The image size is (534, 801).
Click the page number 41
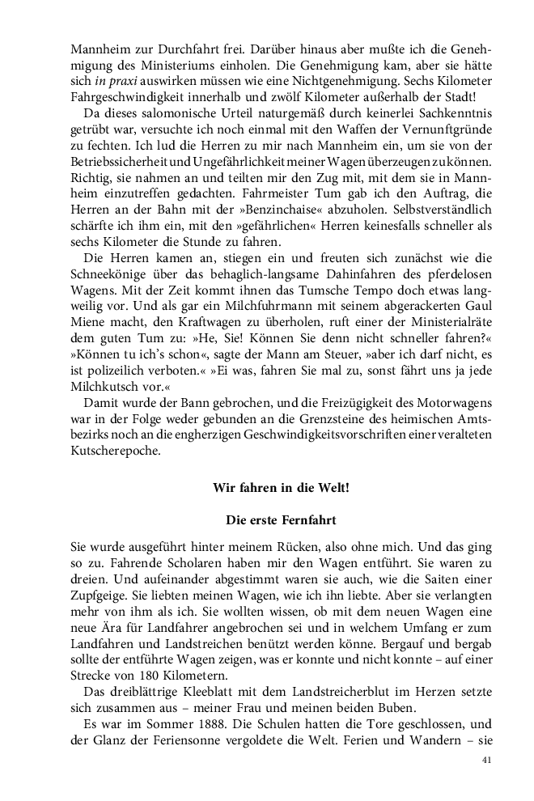pos(486,761)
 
